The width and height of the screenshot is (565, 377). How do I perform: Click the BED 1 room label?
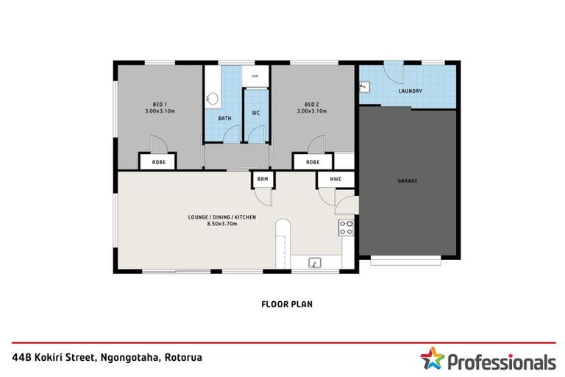pos(160,105)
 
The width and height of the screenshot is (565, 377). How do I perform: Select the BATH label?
pos(224,117)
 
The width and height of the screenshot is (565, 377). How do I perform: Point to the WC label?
pos(255,113)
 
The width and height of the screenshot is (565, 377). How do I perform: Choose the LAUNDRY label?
pos(410,91)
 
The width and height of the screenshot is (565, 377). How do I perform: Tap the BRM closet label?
pos(262,179)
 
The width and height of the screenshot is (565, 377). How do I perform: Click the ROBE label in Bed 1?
pos(158,161)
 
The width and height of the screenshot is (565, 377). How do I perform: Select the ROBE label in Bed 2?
pos(313,161)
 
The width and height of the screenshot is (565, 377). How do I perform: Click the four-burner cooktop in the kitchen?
pos(346,228)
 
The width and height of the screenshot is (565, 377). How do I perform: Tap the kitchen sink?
pos(314,261)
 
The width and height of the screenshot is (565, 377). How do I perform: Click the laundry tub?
pos(364,86)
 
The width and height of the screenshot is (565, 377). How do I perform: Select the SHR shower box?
pos(255,76)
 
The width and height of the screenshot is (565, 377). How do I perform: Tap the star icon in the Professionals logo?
pos(432,360)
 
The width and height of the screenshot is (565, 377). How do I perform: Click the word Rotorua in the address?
pos(180,357)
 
